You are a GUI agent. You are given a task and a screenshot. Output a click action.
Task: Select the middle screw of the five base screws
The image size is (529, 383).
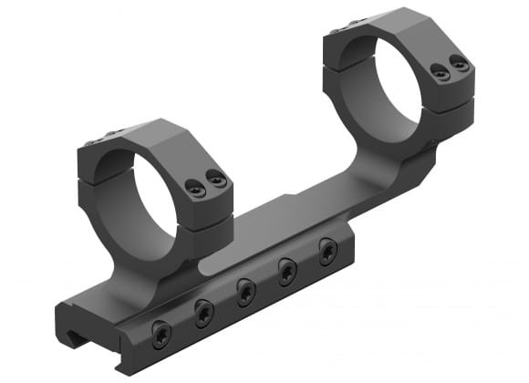tap(245, 291)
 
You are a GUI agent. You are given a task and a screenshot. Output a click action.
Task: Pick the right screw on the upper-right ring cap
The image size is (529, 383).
tap(460, 64)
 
